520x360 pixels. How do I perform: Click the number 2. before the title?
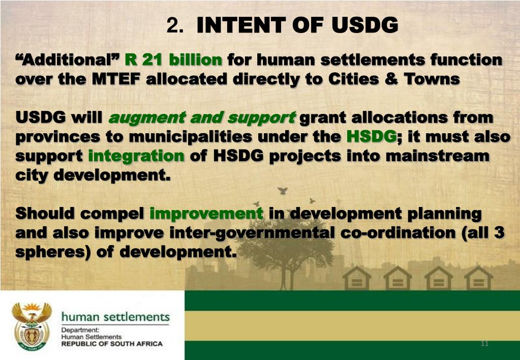point(175,25)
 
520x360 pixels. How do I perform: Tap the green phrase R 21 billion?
point(174,60)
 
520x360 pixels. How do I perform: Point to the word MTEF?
point(116,79)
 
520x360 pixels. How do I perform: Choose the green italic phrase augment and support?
point(202,118)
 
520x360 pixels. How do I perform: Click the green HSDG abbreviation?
point(371,137)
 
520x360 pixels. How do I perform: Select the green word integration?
point(136,156)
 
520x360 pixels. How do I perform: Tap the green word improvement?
point(206,214)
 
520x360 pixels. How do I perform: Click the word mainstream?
point(438,156)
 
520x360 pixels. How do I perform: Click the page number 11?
point(484,344)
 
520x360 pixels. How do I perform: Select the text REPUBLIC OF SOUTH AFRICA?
point(112,344)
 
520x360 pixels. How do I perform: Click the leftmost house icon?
point(356,279)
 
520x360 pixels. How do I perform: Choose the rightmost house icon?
point(479,279)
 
